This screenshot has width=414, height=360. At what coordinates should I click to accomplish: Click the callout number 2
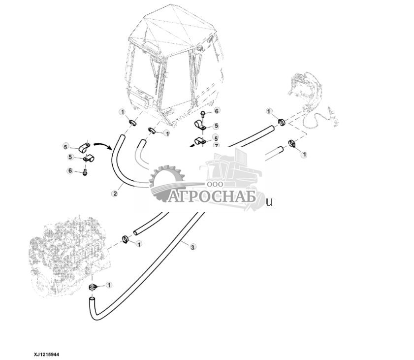pos(115,194)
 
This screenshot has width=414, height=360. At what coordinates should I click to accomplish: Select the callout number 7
pos(216,145)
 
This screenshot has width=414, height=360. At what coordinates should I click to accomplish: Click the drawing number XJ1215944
pos(46,354)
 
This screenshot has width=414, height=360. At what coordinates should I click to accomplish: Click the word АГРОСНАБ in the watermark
pos(213,196)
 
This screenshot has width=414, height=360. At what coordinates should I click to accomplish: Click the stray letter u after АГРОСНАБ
pos(269,201)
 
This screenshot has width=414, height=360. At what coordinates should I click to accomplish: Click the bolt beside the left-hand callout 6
pos(86,172)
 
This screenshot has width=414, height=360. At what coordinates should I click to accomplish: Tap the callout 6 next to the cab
pos(216,111)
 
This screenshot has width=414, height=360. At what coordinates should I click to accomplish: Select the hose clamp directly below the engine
pos(92,287)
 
